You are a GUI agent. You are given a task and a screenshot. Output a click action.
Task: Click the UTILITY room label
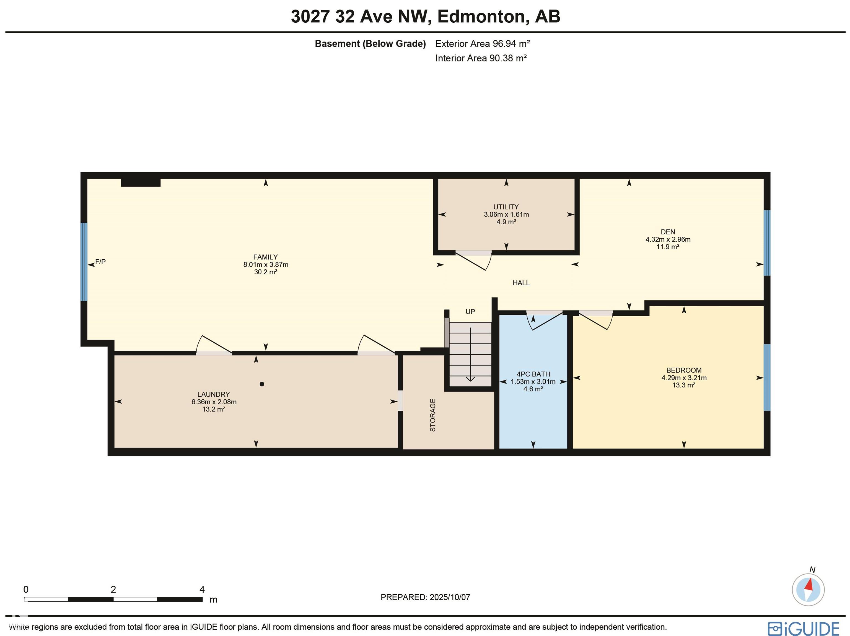tap(506, 207)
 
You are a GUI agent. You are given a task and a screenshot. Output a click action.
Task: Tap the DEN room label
tap(668, 232)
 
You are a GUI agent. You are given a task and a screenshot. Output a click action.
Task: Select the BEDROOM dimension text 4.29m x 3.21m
tap(684, 378)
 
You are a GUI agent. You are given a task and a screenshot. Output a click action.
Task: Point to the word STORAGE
tap(433, 415)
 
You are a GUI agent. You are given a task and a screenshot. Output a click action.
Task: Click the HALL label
tap(521, 283)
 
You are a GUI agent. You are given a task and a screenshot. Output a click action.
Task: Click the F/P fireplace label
tap(100, 262)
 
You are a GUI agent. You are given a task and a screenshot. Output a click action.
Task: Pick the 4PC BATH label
tap(533, 374)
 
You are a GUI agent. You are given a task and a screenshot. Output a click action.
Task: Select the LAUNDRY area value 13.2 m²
tap(214, 410)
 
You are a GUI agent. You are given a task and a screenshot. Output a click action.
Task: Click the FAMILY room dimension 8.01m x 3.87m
tap(266, 265)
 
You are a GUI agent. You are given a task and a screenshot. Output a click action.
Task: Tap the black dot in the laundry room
tap(262, 384)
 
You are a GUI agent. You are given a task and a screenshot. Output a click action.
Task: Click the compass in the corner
tap(808, 590)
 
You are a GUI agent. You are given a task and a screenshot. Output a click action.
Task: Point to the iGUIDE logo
tap(804, 628)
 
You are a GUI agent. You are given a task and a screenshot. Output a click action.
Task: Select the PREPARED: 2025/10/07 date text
tap(425, 597)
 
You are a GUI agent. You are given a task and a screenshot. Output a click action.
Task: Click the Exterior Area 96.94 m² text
tap(483, 44)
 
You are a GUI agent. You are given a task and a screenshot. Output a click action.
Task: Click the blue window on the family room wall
tap(84, 262)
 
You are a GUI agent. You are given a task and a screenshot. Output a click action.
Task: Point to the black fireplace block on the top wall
tap(141, 183)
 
